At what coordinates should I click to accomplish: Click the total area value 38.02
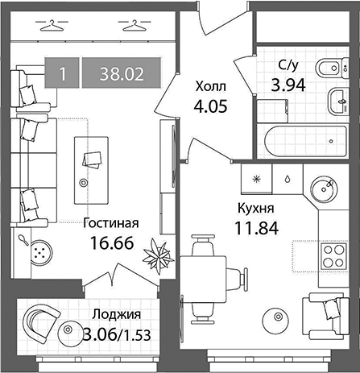point(122,74)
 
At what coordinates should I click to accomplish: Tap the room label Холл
point(211,87)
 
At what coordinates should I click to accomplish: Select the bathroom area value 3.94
point(288,85)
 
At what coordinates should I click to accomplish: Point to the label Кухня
point(256,209)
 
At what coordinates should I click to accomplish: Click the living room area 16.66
point(112,243)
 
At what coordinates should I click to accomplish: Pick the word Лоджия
point(116,314)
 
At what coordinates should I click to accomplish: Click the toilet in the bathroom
point(332,68)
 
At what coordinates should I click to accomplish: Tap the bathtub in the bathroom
point(305,142)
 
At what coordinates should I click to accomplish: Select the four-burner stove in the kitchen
point(334,256)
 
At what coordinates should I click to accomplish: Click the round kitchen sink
point(324,189)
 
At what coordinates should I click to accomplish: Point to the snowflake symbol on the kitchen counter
point(257,179)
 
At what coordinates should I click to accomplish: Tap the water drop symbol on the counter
point(288,179)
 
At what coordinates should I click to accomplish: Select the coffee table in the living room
point(92,171)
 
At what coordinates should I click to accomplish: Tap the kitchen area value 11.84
point(257,228)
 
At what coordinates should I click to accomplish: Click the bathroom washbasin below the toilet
point(338,102)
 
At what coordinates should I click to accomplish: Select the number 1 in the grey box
point(63,74)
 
